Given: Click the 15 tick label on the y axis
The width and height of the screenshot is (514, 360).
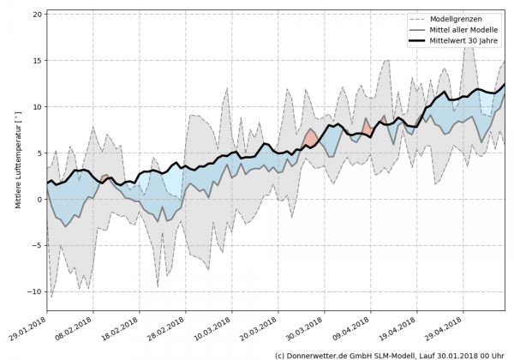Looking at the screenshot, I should coord(38,61).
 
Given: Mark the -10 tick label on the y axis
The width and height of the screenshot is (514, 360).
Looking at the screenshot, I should coord(36,291).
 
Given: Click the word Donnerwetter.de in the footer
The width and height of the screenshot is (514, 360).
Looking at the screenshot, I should coord(317,354).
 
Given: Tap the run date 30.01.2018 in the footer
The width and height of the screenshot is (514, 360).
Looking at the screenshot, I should coord(466,354).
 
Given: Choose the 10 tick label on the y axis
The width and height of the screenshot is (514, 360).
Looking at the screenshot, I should coord(38,107).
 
